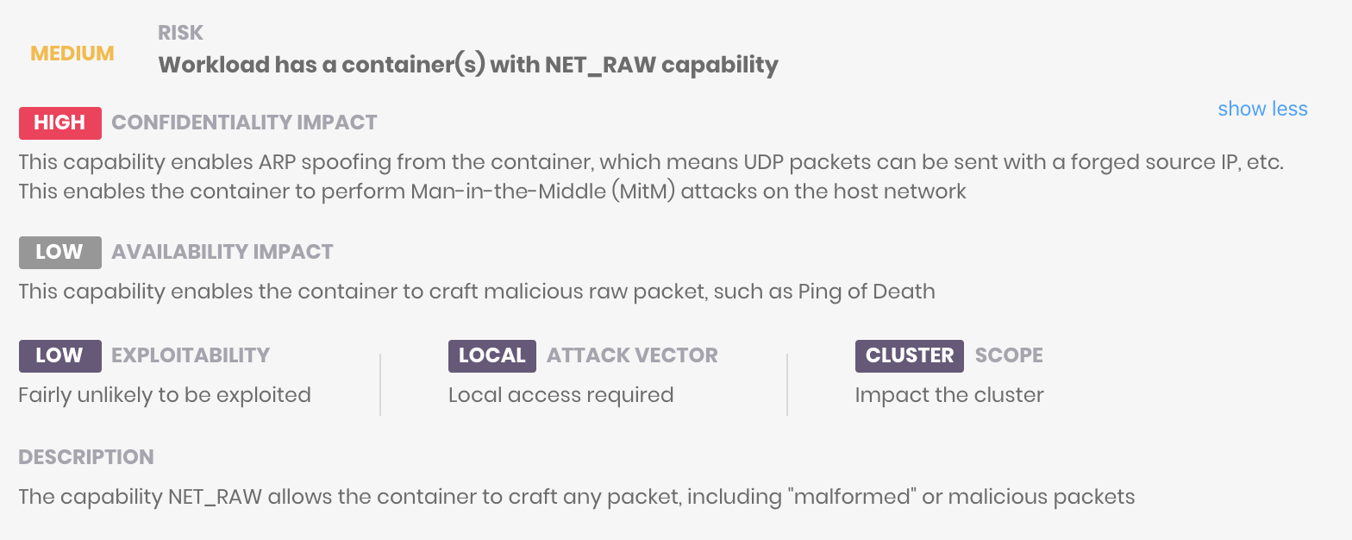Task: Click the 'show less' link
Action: click(x=1262, y=109)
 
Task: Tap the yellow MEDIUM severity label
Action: click(x=72, y=53)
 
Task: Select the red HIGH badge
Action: click(x=59, y=122)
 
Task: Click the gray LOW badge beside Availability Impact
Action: click(x=59, y=252)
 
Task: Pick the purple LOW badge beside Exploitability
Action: click(x=59, y=355)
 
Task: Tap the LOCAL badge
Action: click(x=491, y=355)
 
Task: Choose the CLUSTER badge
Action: click(x=909, y=355)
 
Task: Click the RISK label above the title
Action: click(x=180, y=33)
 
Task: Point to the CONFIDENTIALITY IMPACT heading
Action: click(x=244, y=122)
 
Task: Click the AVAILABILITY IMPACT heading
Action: click(x=222, y=252)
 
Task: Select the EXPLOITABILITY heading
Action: click(x=190, y=355)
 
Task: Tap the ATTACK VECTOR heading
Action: click(x=632, y=355)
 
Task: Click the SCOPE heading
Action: click(x=1009, y=355)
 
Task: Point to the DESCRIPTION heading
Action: click(x=85, y=457)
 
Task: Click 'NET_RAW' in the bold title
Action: click(x=600, y=66)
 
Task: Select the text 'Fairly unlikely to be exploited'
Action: click(x=164, y=395)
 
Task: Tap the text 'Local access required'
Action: click(x=560, y=395)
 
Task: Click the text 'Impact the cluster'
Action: click(x=948, y=395)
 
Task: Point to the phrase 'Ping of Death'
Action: click(x=867, y=292)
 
